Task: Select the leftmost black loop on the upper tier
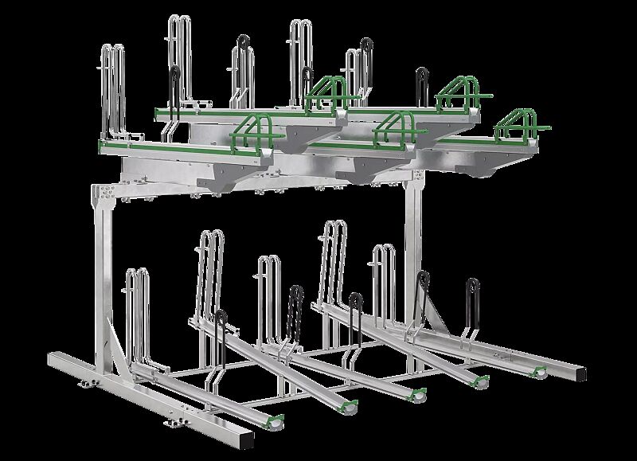[x=173, y=80]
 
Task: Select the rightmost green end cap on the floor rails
[x=540, y=370]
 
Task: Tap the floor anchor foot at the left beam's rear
[x=82, y=384]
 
